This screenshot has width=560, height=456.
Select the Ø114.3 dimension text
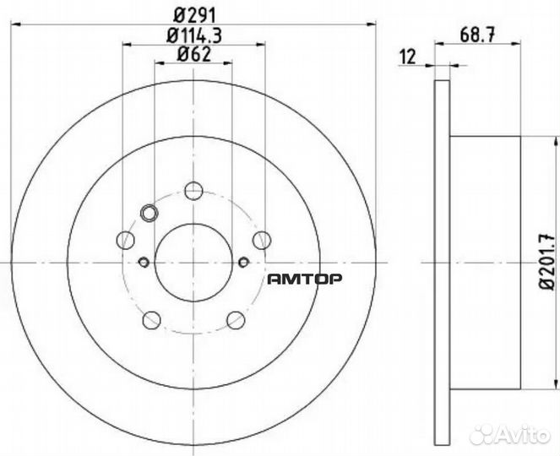[193, 35]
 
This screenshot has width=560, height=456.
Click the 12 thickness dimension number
[410, 57]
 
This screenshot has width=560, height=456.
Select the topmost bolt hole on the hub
[193, 190]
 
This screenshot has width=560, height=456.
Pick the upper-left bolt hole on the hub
[126, 240]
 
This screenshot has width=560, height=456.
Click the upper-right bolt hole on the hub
[262, 240]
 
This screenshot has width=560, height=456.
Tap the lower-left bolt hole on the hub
[152, 319]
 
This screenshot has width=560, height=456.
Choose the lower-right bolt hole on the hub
[236, 319]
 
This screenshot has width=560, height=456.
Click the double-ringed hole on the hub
[150, 213]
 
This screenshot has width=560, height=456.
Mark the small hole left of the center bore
[143, 261]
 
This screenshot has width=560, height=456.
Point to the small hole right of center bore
[243, 261]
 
